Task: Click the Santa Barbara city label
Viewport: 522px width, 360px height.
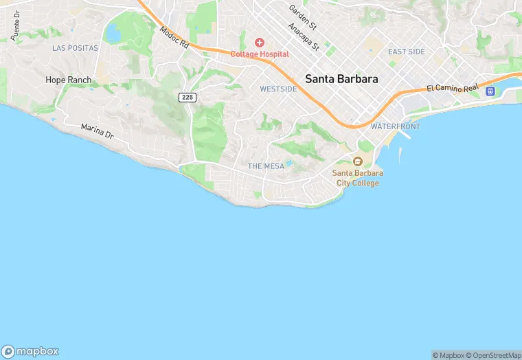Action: tap(341, 79)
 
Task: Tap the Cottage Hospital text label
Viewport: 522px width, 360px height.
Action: tap(260, 54)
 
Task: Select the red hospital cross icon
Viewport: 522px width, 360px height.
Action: tap(260, 43)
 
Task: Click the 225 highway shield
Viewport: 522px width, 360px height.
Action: tap(188, 98)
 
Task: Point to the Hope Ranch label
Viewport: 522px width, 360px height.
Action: tap(68, 80)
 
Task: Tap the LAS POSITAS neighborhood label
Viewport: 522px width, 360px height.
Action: tap(75, 48)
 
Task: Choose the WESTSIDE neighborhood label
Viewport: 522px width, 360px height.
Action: tap(278, 89)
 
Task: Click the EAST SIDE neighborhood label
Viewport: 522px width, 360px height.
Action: tap(406, 52)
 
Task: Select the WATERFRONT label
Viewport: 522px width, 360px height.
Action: tap(395, 126)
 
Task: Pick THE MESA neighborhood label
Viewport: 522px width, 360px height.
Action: tap(265, 166)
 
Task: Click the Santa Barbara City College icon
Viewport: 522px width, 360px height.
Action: tap(357, 161)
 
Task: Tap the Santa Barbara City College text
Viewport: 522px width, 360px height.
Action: tap(356, 178)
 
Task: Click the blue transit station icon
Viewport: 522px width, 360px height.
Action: tap(490, 91)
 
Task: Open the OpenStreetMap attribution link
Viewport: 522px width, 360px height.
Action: tap(494, 355)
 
